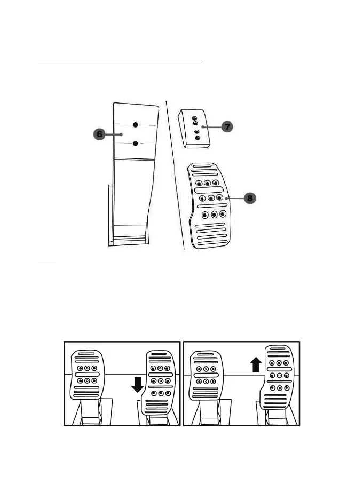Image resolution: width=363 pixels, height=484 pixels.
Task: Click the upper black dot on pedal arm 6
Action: coord(136,124)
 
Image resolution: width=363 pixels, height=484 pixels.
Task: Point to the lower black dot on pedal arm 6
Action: coord(136,143)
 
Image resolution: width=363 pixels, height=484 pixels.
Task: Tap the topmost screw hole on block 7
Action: coord(194,117)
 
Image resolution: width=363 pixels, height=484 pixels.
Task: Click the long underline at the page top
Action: coord(121,61)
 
